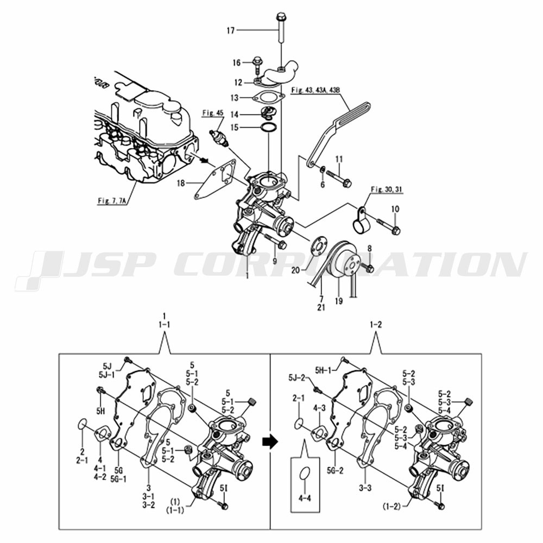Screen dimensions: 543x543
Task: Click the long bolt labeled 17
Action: pyautogui.click(x=280, y=30)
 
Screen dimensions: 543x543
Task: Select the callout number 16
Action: pyautogui.click(x=237, y=63)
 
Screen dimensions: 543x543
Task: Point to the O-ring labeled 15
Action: pyautogui.click(x=268, y=128)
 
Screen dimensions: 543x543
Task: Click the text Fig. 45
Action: pyautogui.click(x=213, y=113)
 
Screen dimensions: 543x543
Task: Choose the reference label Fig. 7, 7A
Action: pyautogui.click(x=112, y=201)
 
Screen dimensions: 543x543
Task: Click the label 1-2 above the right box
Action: pyautogui.click(x=376, y=325)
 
